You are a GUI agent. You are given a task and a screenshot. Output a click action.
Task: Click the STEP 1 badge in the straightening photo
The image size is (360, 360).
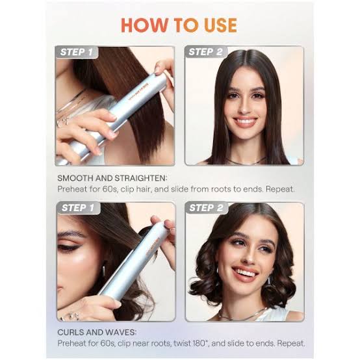coord(77,52)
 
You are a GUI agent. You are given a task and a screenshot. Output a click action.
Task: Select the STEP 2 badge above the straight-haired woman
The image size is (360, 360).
coord(205,52)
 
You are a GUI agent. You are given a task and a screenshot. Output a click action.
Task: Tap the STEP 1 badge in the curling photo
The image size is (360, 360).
coord(78,208)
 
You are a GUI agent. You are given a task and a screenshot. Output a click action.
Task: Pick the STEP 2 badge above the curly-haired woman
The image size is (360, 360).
coord(206,208)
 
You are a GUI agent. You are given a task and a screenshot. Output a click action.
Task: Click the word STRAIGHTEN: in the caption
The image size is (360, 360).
coord(141,178)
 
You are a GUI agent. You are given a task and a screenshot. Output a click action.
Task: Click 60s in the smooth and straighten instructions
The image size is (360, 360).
coord(111,189)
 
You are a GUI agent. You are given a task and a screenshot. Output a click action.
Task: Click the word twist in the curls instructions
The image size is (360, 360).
coord(181,344)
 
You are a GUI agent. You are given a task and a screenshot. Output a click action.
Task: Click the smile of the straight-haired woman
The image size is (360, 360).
coord(245,121)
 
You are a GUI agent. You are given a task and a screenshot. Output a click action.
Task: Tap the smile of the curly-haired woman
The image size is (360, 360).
coord(245,273)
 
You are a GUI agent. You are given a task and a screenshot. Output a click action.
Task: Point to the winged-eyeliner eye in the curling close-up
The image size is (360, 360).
coord(68,248)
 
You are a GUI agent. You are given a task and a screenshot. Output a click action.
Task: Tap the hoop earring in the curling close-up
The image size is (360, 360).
coord(104,270)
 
